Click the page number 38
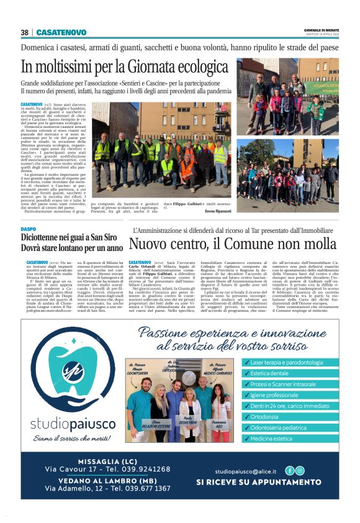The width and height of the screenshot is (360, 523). point(25,32)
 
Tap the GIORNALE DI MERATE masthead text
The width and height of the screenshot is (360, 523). point(320,30)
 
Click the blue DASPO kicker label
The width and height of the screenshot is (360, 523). point(29,229)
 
